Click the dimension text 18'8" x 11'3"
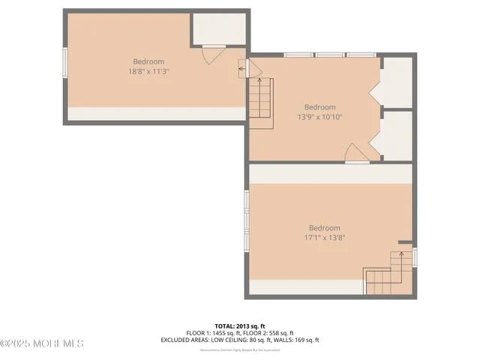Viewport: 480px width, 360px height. pyautogui.click(x=148, y=72)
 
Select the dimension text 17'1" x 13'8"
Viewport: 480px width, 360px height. pyautogui.click(x=324, y=238)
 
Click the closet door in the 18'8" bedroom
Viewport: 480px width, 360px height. pyautogui.click(x=213, y=55)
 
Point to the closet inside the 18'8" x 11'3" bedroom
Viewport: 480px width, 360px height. pyautogui.click(x=220, y=30)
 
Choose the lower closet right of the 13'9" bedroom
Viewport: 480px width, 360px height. pyautogui.click(x=397, y=135)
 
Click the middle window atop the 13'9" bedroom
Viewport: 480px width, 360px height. pyautogui.click(x=329, y=55)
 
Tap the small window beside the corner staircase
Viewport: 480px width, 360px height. pyautogui.click(x=415, y=256)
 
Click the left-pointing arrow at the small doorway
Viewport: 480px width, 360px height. pyautogui.click(x=241, y=69)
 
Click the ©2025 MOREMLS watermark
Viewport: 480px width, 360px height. pyautogui.click(x=42, y=344)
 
